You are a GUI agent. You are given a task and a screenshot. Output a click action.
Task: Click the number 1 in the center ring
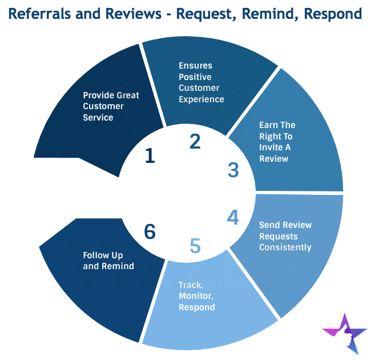coord(150,155)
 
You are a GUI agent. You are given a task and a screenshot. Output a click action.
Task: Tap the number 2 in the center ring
coord(195,141)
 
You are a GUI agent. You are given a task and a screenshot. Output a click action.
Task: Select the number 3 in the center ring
coord(233,170)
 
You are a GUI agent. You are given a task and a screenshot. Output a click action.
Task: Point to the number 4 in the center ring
coord(233,217)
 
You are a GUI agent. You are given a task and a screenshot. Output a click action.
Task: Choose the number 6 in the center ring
coord(150,231)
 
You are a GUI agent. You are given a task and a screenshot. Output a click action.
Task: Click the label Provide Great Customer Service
coord(111,106)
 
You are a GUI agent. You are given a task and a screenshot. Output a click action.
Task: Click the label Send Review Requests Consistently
coord(285,236)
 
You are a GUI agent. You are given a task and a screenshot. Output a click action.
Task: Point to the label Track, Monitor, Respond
coord(197,296)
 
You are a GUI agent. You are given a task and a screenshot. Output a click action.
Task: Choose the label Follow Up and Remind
coord(108,261)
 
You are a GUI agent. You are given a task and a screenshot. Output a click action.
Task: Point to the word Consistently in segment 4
coord(285,247)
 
